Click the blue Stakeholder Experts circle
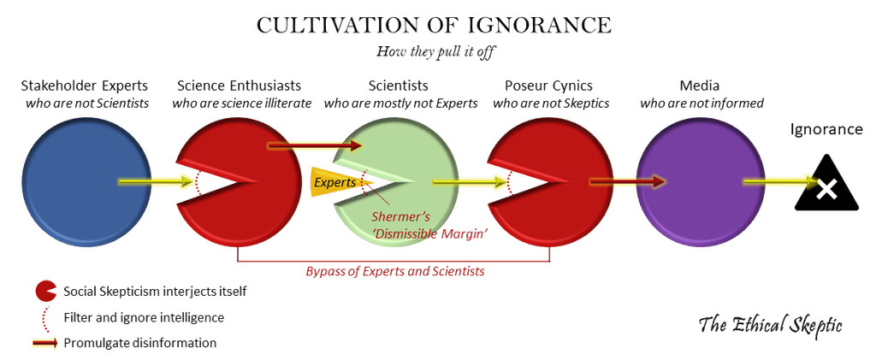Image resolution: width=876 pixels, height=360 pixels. (x=81, y=182)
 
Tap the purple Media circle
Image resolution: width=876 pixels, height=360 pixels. (x=700, y=182)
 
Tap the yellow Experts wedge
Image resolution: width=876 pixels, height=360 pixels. (x=334, y=182)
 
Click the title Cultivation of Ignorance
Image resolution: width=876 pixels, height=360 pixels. (x=435, y=26)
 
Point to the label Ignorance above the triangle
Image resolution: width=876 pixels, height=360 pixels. (x=826, y=130)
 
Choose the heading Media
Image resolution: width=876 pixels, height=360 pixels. (x=702, y=86)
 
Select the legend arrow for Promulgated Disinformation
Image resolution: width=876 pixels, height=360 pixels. (x=44, y=343)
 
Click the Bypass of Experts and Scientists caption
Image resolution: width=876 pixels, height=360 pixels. (x=395, y=272)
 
